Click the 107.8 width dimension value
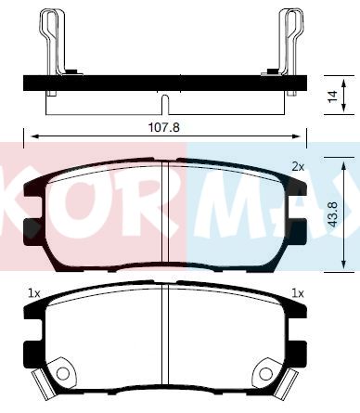[x=164, y=127]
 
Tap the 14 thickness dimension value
[x=333, y=97]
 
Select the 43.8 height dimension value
[x=333, y=214]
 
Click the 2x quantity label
[x=298, y=167]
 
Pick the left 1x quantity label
[x=34, y=293]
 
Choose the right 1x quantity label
[x=298, y=293]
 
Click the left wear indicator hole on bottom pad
[x=63, y=373]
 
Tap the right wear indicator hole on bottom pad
[x=265, y=373]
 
